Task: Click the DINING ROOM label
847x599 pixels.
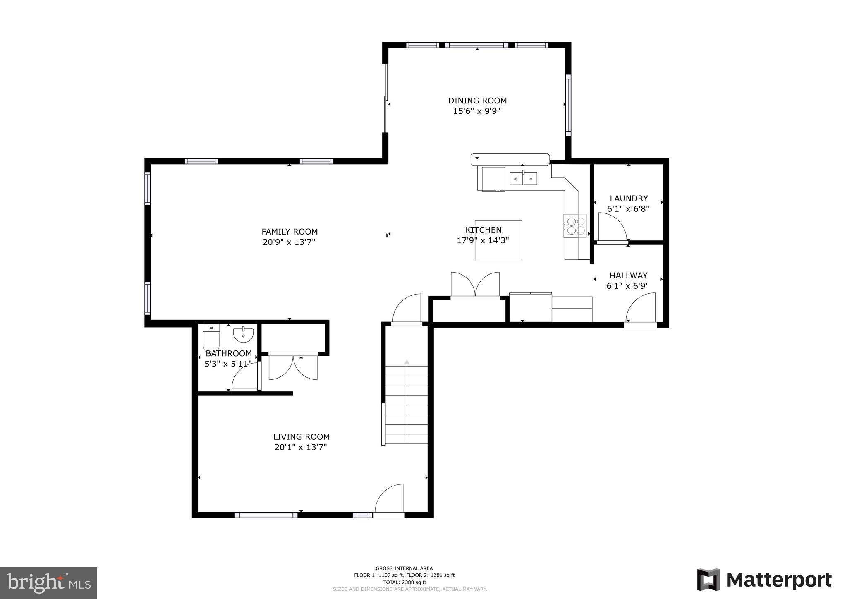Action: click(477, 101)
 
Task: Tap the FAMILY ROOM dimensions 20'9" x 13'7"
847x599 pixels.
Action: click(289, 242)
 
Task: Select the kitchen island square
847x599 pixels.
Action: click(498, 241)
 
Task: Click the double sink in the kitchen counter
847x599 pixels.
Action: click(523, 179)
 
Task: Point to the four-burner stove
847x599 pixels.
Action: click(575, 226)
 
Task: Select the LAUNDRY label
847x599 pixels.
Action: click(629, 199)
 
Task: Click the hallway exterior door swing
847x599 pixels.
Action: click(641, 308)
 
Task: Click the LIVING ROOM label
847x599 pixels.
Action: click(301, 437)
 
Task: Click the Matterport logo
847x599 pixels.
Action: click(764, 580)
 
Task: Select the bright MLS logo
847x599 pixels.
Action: click(48, 583)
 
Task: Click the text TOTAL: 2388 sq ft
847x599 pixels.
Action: click(404, 582)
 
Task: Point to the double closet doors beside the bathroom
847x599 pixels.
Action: click(293, 367)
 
